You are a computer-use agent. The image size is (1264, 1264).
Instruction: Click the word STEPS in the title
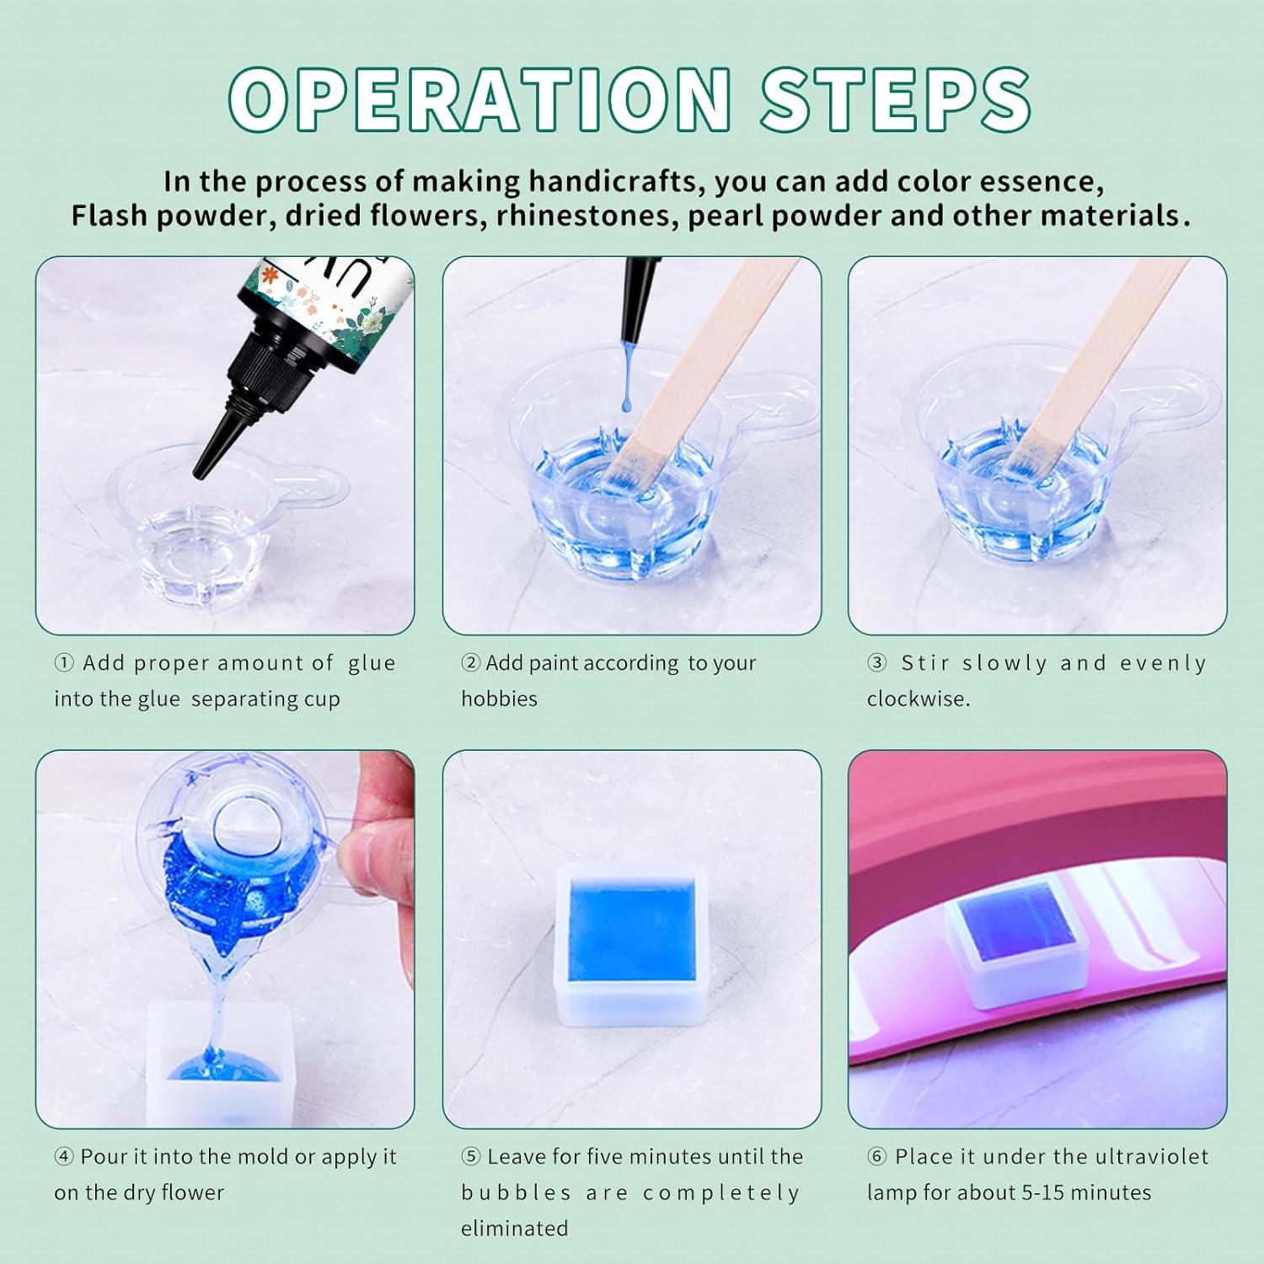(896, 101)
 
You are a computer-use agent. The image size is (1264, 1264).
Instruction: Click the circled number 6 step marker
(876, 1157)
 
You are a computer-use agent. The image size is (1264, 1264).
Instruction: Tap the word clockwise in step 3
(918, 699)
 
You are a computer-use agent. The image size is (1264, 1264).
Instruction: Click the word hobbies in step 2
(499, 699)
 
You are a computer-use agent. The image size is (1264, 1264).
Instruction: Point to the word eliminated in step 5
(514, 1229)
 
